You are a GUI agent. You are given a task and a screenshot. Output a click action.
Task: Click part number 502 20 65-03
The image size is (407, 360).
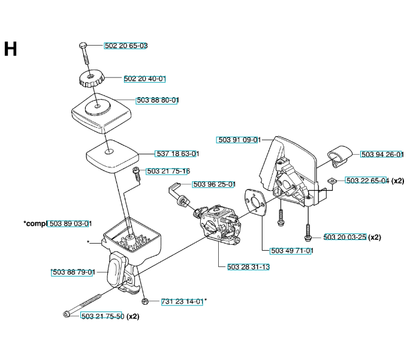pos(126,46)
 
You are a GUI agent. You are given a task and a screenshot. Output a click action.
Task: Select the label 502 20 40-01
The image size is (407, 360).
pos(145,79)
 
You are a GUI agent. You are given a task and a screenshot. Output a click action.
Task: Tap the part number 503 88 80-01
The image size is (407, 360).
pos(158,100)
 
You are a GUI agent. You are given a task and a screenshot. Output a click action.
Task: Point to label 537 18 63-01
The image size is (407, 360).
pos(177,154)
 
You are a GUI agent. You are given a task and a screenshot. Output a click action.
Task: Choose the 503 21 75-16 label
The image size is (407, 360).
pos(168,171)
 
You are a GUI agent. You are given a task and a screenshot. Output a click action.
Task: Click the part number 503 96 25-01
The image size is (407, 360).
pos(214,184)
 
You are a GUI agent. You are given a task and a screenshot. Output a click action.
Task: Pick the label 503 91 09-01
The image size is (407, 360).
pos(239,140)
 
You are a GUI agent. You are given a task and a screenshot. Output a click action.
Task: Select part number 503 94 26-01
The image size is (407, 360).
pos(382,154)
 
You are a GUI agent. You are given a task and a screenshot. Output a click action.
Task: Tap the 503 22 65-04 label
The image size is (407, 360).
pos(367,181)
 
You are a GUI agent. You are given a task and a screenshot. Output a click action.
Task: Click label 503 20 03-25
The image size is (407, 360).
pos(345,237)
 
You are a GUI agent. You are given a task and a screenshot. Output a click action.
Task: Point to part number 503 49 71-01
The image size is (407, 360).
pos(292,251)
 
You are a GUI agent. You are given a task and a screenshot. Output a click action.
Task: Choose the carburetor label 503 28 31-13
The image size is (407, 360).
pos(249,267)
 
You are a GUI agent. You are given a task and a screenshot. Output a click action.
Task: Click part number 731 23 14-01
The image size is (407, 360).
pos(183,301)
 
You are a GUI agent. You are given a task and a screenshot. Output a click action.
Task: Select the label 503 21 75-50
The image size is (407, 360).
pos(102,316)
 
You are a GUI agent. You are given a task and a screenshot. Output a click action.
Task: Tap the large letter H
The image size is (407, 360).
pos(10,49)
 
